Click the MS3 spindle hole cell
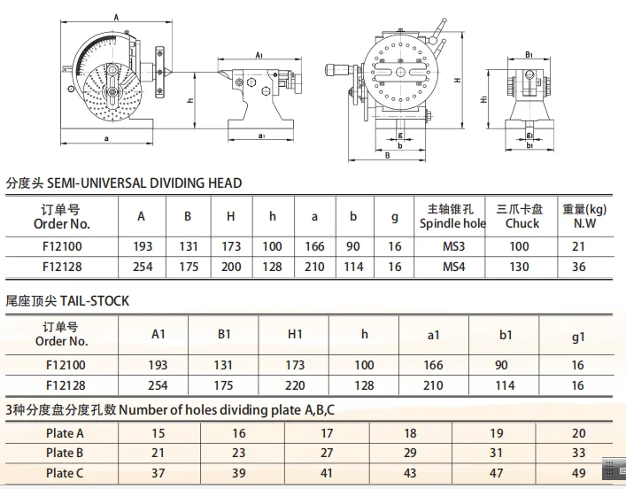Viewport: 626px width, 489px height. tap(453, 246)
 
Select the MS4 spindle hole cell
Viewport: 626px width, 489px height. tap(453, 267)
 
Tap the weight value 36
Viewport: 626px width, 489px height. tap(578, 267)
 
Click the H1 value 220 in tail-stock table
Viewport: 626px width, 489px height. tap(295, 385)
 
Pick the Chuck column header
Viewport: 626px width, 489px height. tap(520, 216)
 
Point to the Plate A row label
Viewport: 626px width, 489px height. tap(65, 433)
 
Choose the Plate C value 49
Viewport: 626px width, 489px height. tap(578, 473)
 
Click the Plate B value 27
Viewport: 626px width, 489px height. tap(327, 453)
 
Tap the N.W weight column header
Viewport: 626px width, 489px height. tap(584, 216)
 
